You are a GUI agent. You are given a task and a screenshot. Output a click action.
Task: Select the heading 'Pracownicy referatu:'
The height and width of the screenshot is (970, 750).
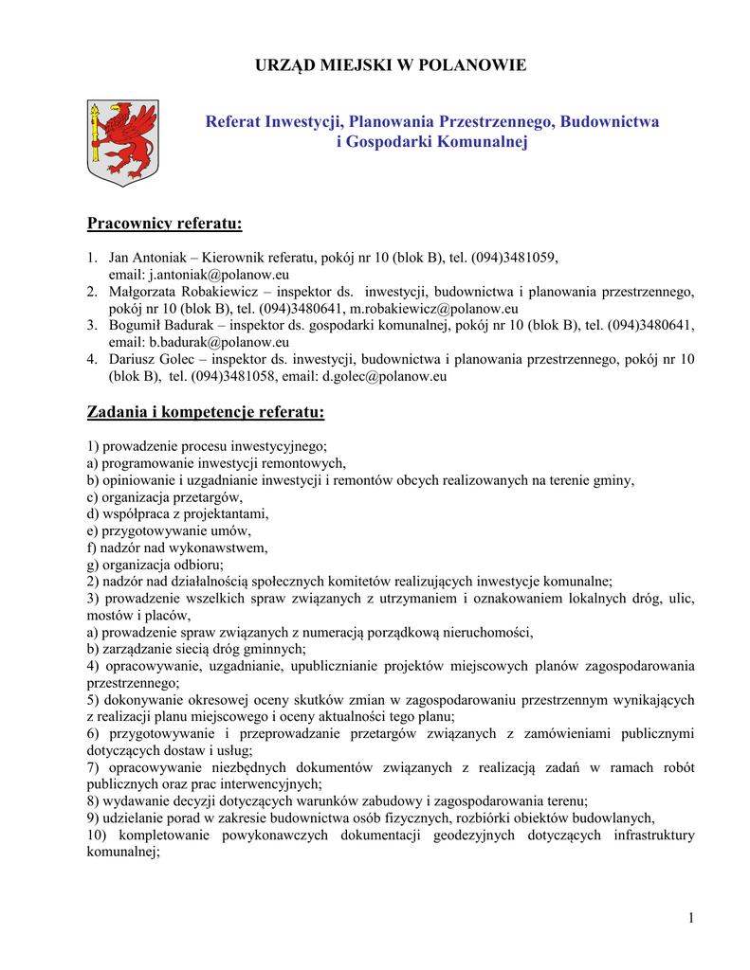[x=165, y=224]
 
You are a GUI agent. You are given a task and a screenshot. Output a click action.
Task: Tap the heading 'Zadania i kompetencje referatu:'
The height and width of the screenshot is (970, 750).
[x=206, y=412]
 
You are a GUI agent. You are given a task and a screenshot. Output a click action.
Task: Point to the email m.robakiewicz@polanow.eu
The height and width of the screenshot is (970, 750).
[x=433, y=308]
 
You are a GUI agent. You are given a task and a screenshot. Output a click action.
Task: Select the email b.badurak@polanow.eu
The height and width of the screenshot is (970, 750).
[x=218, y=342]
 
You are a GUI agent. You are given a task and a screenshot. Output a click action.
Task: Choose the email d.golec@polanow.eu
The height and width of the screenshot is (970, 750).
[x=384, y=376]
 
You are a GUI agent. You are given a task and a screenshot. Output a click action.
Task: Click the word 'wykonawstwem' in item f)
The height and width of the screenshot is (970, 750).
[x=219, y=548]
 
